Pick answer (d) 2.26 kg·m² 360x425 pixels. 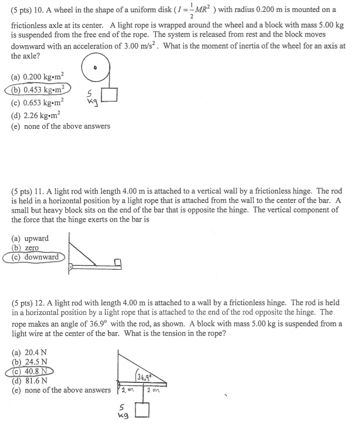coord(37,114)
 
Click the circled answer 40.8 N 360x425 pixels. coord(33,371)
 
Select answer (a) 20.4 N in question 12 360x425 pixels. coord(29,352)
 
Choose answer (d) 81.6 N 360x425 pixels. coord(29,380)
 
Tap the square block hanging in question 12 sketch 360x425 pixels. coord(141,412)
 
